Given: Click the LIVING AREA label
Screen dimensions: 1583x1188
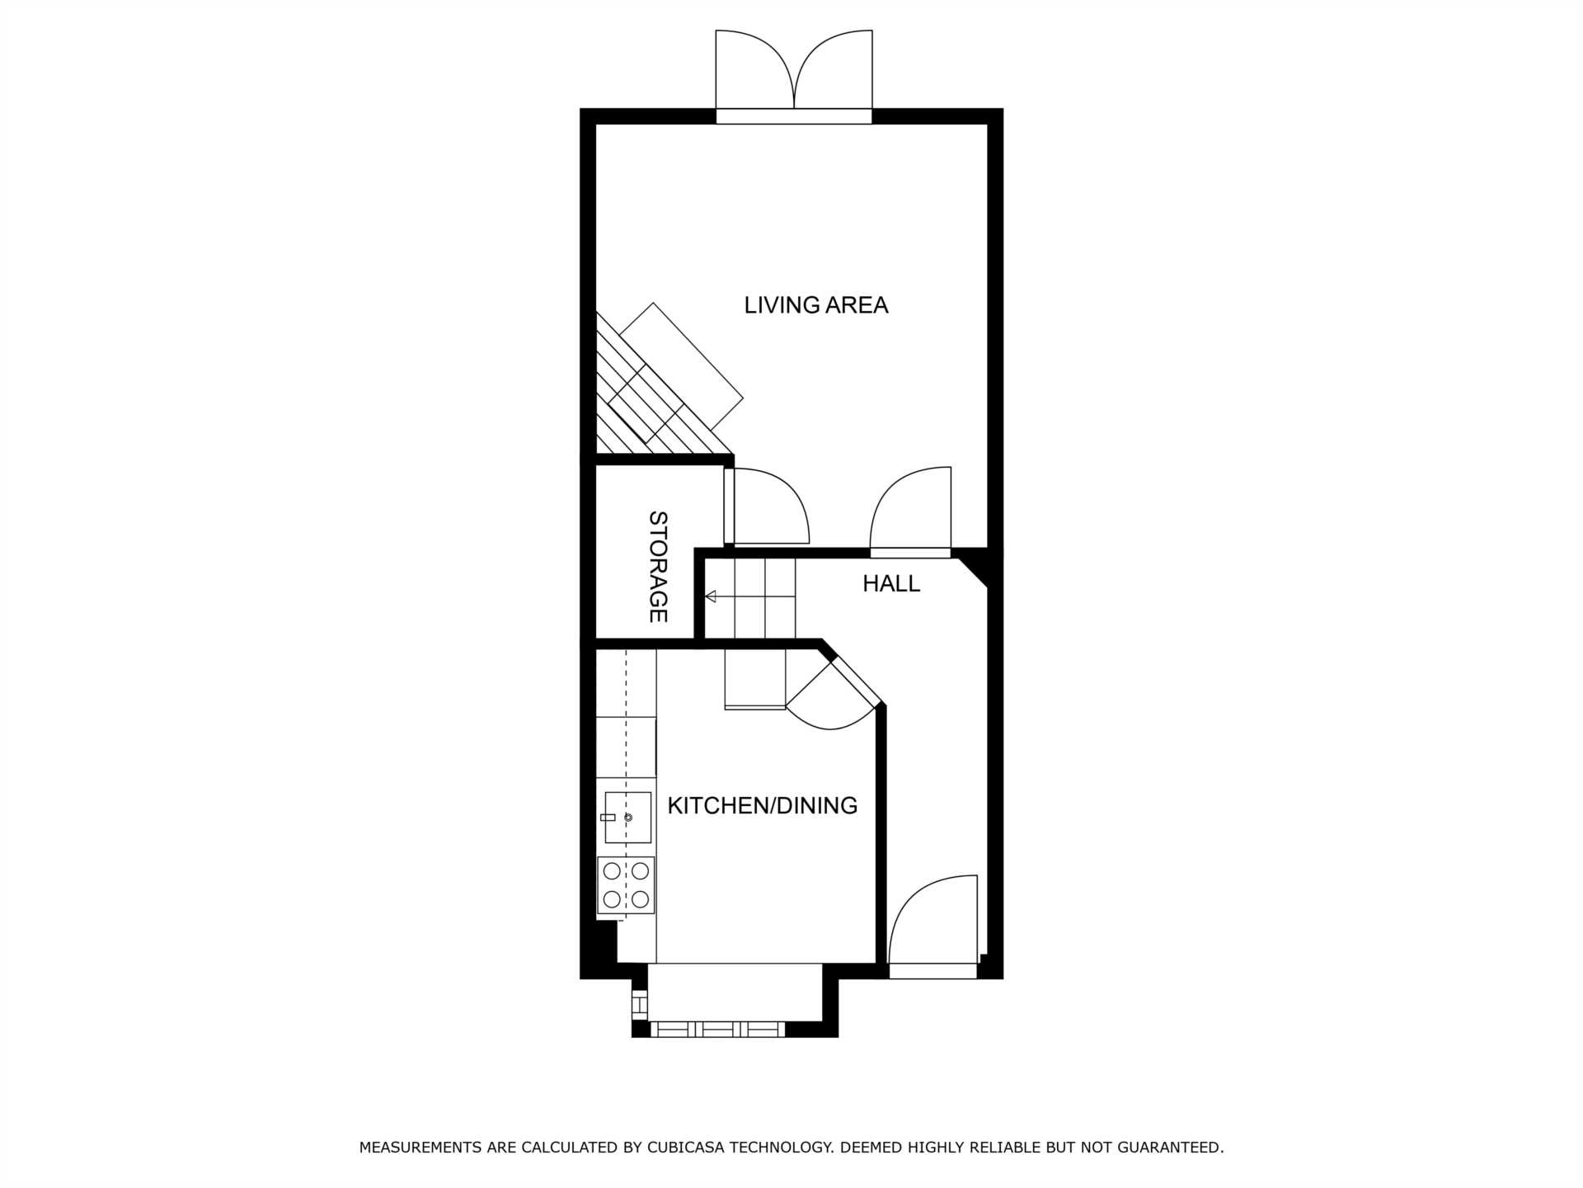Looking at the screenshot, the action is [x=816, y=305].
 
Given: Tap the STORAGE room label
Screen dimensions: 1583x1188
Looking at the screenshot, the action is [x=658, y=567].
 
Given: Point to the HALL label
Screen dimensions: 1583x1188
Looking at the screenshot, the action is [x=891, y=584].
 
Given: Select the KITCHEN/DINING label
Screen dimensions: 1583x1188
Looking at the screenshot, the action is [x=763, y=805].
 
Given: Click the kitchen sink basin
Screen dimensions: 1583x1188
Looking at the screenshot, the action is [x=628, y=818].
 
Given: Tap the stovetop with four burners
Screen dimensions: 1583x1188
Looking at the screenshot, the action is [x=626, y=885].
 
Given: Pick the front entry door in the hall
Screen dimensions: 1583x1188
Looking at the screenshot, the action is [x=933, y=926].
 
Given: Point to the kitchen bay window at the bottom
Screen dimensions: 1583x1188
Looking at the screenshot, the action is [x=717, y=1029].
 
